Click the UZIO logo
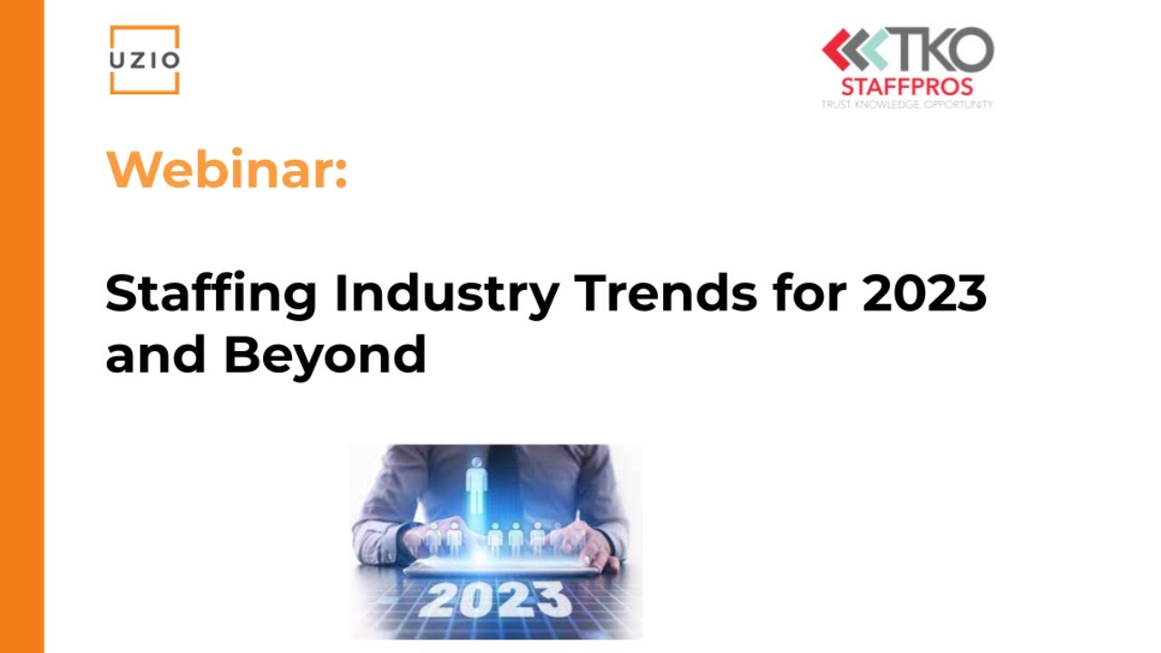point(144,60)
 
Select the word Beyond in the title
point(325,356)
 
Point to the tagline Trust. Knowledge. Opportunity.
point(907,104)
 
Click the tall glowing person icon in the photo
point(476,486)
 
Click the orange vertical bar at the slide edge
point(22,326)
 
